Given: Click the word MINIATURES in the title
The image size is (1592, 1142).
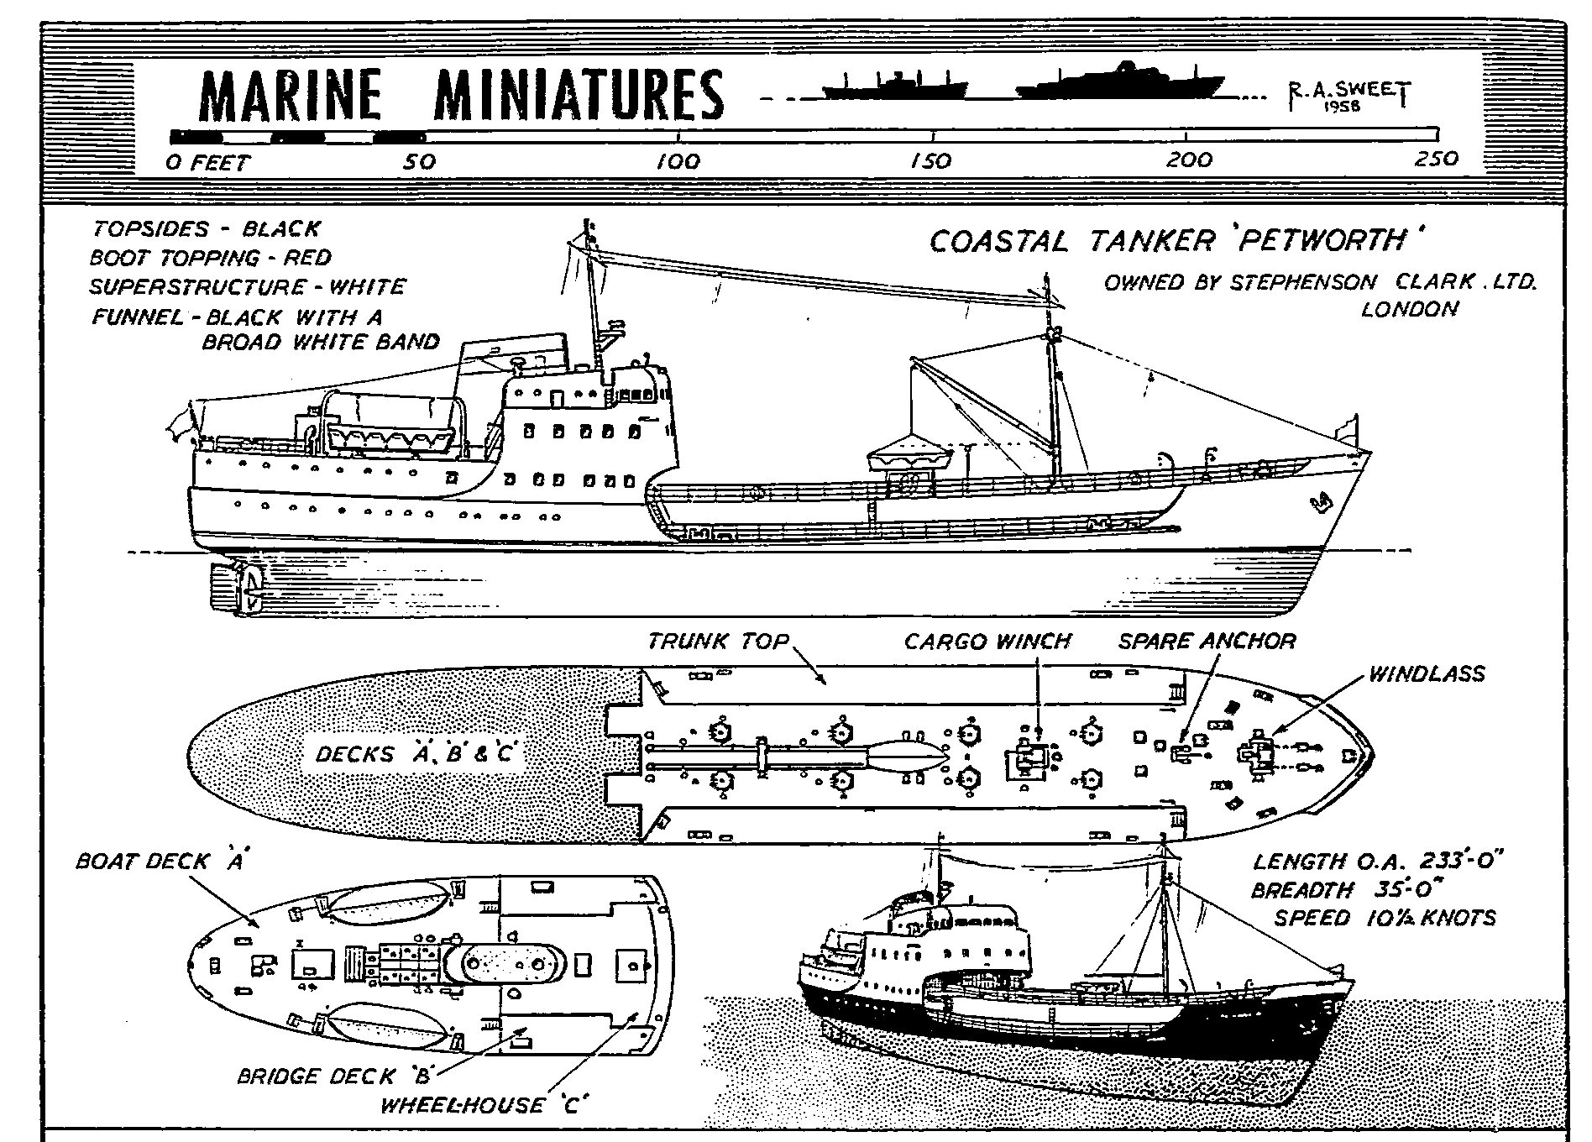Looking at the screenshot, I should click(x=579, y=95).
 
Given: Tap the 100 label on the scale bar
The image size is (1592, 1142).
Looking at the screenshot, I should click(x=678, y=160).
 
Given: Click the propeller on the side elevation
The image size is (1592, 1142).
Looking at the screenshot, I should click(x=250, y=586).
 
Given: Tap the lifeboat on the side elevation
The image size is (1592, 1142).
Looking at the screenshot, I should click(x=390, y=437).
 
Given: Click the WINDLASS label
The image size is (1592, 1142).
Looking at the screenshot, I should click(x=1426, y=674).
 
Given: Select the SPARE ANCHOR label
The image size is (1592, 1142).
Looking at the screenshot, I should click(x=1207, y=642).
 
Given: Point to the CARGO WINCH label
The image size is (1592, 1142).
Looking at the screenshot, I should click(x=987, y=642).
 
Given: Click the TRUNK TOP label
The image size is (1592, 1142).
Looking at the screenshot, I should click(x=718, y=642).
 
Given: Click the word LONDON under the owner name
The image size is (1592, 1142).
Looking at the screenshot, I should click(x=1409, y=309).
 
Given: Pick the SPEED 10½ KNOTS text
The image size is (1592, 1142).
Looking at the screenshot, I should click(x=1385, y=917).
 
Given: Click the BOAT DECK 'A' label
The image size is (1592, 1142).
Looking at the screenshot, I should click(x=160, y=862).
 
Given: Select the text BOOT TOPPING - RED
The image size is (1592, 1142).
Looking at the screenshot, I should click(x=211, y=257).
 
